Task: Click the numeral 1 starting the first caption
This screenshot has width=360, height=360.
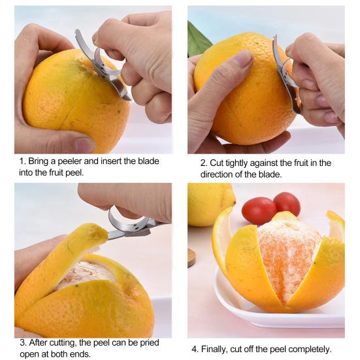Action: point(21,161)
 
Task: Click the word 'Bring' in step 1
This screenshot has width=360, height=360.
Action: point(40,161)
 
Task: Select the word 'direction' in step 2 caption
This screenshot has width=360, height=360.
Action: point(219,175)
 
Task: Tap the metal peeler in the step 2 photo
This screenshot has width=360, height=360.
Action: point(284,72)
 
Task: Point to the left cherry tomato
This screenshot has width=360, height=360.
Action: point(259,210)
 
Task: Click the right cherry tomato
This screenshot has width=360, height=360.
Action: point(287,203)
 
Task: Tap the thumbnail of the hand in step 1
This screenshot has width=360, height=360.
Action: point(84,144)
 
